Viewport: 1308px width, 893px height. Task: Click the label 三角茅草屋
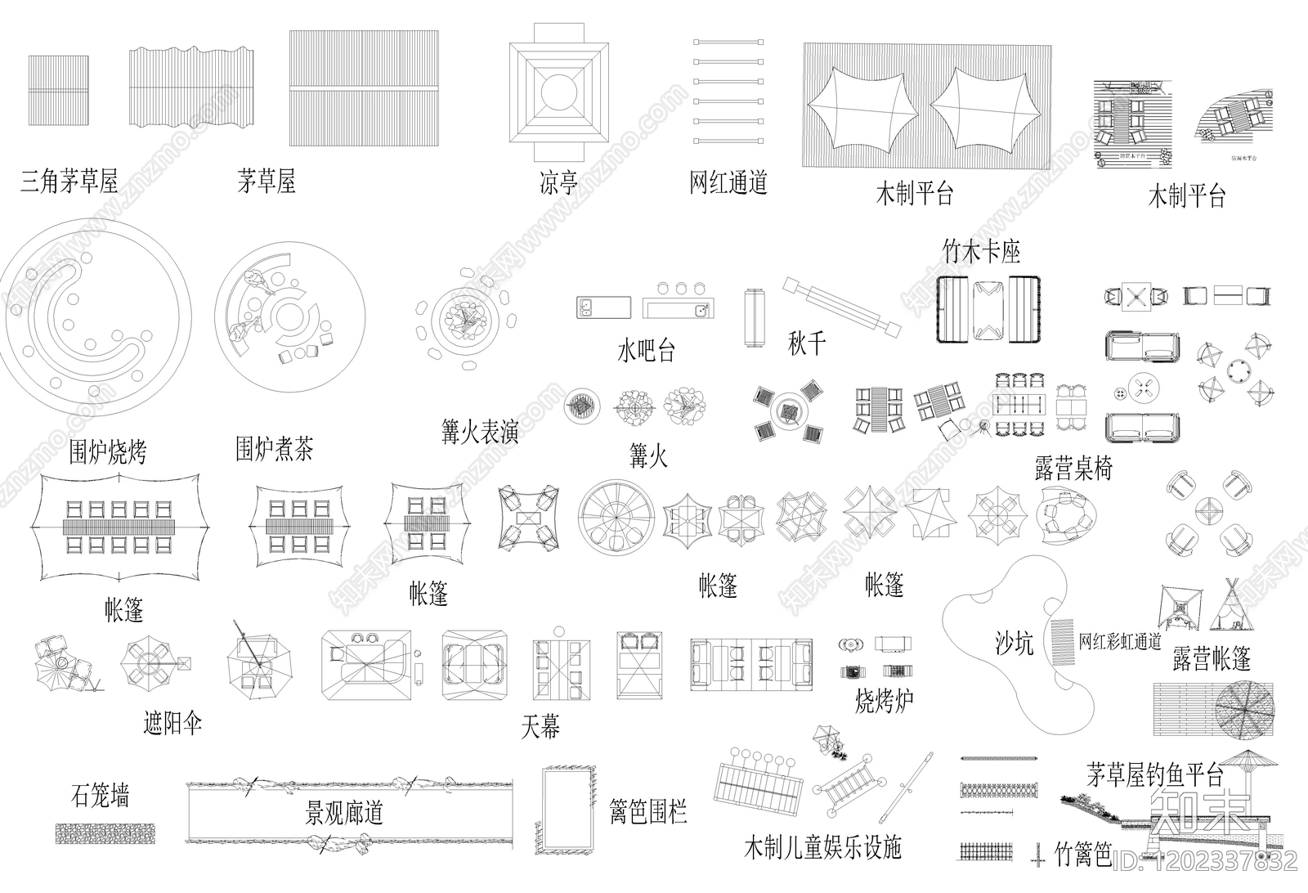[x=69, y=182]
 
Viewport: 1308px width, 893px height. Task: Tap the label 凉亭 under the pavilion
[x=558, y=182]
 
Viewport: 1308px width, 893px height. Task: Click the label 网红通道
[x=728, y=182]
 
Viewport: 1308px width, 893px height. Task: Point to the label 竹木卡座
[x=981, y=252]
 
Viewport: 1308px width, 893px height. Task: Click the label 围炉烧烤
[x=107, y=451]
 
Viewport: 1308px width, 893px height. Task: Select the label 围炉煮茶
[x=274, y=449]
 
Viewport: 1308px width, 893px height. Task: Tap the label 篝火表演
[x=480, y=432]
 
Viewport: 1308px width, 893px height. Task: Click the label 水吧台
[x=646, y=352]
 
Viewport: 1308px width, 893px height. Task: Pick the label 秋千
[x=807, y=343]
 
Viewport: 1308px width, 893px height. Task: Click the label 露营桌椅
[x=1073, y=469]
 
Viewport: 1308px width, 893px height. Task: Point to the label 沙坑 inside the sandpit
[x=1014, y=644]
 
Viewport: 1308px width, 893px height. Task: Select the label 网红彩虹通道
[x=1119, y=642]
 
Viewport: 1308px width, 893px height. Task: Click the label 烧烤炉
[x=884, y=701]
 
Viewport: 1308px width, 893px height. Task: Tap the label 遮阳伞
[x=172, y=723]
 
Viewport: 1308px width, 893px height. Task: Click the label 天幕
[x=540, y=726]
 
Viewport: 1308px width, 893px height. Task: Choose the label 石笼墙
[x=100, y=795]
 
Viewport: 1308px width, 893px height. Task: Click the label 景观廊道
[x=343, y=813]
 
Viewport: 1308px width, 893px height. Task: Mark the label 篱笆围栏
[x=647, y=811]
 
